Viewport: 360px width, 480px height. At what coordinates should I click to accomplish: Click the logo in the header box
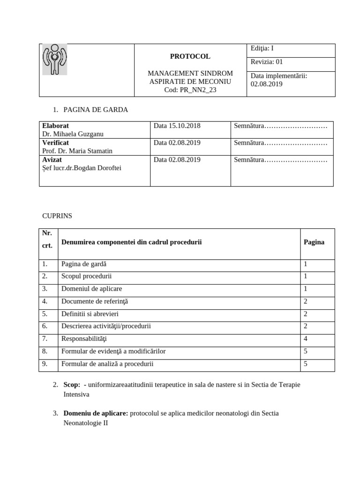pos(55,60)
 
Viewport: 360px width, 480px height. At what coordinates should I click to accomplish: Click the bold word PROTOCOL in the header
pos(190,56)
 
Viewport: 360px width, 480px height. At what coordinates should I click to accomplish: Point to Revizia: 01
pos(267,61)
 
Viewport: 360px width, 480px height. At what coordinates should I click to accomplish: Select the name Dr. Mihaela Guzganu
pos(73,134)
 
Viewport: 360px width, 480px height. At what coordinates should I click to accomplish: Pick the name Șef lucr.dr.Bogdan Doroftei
pos(82,168)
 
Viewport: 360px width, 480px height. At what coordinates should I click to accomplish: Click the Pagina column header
pos(314,242)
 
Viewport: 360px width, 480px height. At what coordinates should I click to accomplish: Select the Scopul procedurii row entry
pos(86,276)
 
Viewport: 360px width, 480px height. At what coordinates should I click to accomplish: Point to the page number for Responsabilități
pos(306,338)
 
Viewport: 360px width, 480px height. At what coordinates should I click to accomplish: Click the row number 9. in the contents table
pos(45,364)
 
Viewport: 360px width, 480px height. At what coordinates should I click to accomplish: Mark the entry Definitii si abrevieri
pos(90,314)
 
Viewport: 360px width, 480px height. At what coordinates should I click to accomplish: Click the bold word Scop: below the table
pos(72,384)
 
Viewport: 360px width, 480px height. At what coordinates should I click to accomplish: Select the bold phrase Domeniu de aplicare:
pos(96,413)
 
